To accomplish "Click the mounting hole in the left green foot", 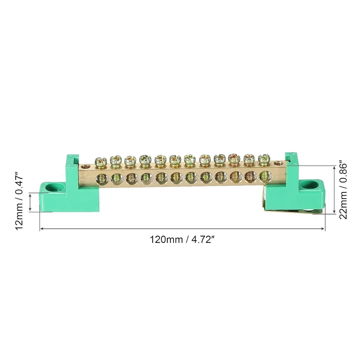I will [x=50, y=186].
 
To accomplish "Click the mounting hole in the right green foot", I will [x=309, y=184].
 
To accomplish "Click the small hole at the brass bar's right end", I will [x=277, y=163].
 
